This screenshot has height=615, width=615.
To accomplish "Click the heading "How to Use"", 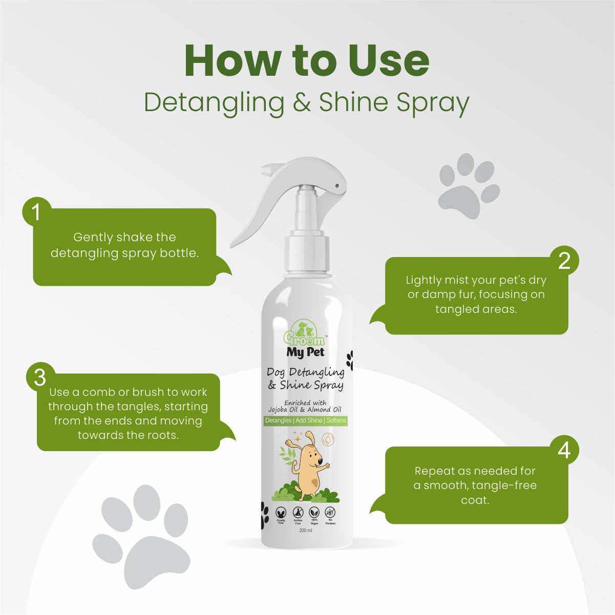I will [307, 61].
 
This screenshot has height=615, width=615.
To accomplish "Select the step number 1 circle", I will [36, 212].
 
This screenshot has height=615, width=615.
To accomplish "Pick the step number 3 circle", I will [40, 378].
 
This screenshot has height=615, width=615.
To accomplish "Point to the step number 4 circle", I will [564, 451].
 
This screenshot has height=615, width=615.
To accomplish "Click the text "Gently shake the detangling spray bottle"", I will [124, 245].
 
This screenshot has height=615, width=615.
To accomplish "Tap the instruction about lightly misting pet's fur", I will [476, 294].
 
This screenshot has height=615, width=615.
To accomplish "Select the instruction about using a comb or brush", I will [128, 413].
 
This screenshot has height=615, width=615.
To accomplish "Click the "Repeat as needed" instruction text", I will [475, 485].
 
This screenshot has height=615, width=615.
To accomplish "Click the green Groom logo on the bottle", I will [304, 334].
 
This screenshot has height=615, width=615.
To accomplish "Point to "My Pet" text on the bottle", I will [305, 352].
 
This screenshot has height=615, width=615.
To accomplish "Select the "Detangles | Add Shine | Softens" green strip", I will [306, 420].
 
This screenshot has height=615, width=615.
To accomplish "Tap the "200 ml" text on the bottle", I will [306, 531].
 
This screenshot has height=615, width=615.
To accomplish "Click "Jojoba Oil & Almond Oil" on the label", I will [305, 410].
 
